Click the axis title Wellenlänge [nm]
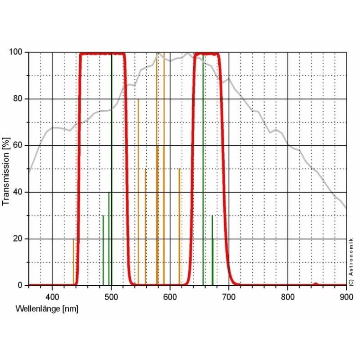click(47, 309)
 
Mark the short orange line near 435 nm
click(73, 262)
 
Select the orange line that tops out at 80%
click(139, 191)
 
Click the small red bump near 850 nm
click(315, 284)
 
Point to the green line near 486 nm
click(103, 251)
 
